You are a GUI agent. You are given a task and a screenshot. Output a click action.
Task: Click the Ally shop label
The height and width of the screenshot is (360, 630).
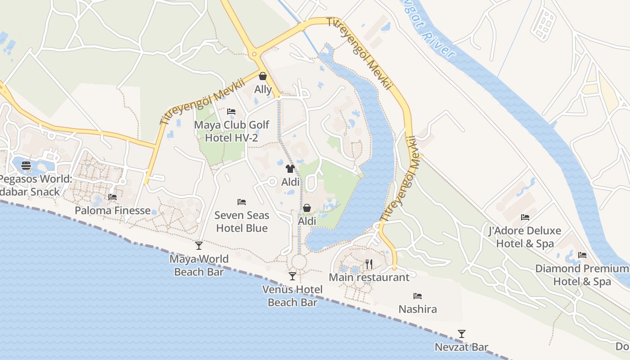point(263,90)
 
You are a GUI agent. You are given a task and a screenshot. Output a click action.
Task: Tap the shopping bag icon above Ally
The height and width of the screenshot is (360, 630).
point(263,76)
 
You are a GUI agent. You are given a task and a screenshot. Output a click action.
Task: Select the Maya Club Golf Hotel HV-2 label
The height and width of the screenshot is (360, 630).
point(232,131)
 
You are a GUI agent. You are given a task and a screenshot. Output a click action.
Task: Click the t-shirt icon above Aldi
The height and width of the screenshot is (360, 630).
point(290,169)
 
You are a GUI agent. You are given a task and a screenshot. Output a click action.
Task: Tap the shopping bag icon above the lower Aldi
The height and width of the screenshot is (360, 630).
point(306,208)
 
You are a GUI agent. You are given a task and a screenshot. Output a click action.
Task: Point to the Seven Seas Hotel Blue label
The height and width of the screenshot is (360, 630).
point(242,222)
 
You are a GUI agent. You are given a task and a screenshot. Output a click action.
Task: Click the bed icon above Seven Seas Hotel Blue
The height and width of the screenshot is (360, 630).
point(242,202)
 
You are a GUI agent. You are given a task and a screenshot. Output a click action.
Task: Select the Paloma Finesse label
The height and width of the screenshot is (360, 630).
point(112,210)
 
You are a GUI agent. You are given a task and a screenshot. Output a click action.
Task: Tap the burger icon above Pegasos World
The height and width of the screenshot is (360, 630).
point(26,165)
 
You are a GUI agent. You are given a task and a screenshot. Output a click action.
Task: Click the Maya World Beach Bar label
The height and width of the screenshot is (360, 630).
point(199,265)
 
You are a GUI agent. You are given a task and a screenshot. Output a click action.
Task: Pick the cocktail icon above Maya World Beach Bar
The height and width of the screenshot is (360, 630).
point(199,245)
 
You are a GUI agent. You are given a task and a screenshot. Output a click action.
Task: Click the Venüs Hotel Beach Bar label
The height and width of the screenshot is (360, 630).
point(292,296)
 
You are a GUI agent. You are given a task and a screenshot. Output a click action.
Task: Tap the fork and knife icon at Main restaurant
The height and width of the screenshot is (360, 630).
point(369,264)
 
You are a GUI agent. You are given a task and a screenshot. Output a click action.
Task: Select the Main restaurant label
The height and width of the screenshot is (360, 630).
point(369,277)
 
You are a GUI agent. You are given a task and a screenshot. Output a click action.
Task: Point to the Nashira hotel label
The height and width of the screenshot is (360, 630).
point(418,309)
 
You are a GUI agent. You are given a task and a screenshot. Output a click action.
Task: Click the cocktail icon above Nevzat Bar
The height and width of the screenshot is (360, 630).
point(461,334)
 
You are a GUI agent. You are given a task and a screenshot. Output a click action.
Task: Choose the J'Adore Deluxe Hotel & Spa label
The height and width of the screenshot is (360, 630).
point(525,237)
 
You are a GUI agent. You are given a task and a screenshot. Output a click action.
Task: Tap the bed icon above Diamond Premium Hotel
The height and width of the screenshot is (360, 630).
point(582,255)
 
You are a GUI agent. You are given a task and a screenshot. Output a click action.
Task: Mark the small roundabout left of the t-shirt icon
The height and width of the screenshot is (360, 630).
point(272,181)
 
